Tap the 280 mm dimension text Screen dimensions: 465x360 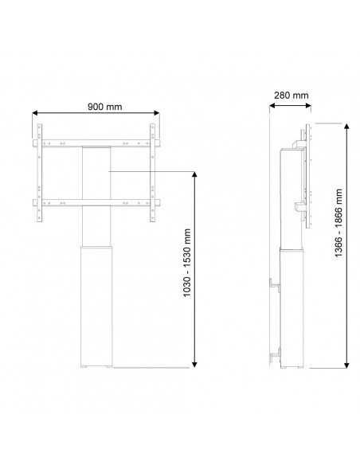[x=289, y=96]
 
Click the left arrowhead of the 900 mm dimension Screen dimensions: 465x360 [x=35, y=114]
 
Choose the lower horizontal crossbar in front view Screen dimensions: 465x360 [x=95, y=201]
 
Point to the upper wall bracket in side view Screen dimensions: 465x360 [x=276, y=283]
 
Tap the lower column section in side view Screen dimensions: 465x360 [x=292, y=307]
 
